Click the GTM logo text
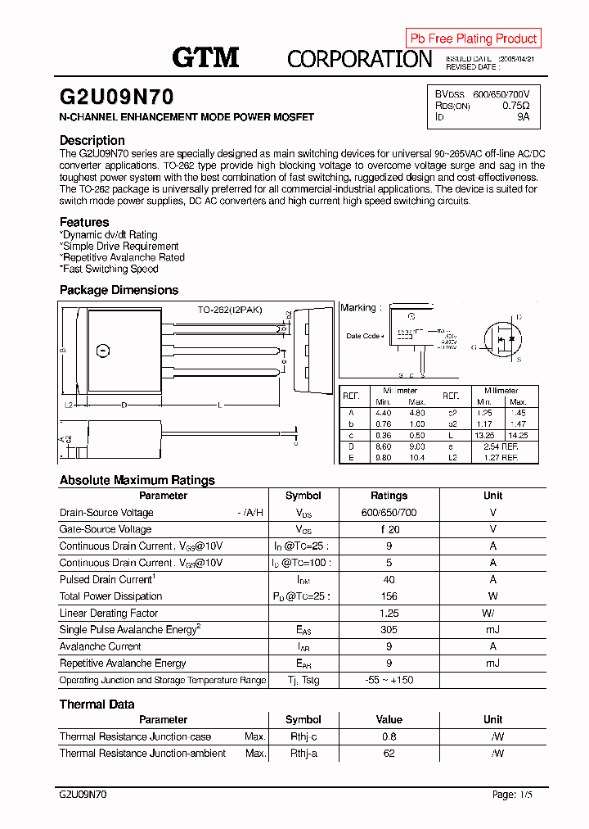click(x=205, y=57)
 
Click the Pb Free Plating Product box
click(x=473, y=39)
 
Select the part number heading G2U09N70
click(x=116, y=97)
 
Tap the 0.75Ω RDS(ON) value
click(x=515, y=106)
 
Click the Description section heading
click(x=92, y=140)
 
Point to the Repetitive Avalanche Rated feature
click(x=124, y=257)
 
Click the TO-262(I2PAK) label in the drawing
click(x=230, y=310)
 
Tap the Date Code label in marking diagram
click(x=363, y=336)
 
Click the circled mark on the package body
click(x=103, y=351)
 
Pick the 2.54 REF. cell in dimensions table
click(x=501, y=446)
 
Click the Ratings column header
click(x=389, y=496)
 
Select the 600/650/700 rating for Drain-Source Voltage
click(x=389, y=513)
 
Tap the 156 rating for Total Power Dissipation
click(x=389, y=596)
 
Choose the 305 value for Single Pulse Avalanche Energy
click(x=389, y=630)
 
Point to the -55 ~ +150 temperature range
click(x=389, y=680)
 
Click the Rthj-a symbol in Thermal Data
click(x=303, y=754)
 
